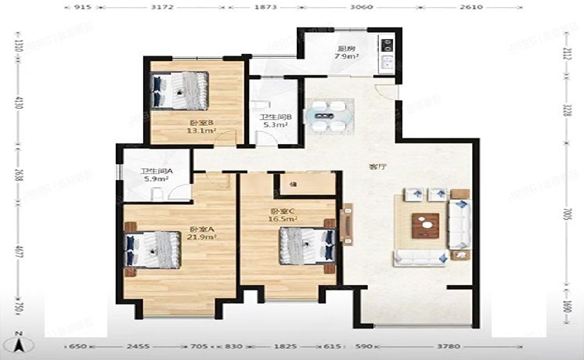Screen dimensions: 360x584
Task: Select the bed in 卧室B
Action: pos(180,90)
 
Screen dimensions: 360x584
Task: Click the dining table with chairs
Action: pos(327,115)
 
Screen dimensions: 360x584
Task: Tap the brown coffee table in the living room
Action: pos(425,225)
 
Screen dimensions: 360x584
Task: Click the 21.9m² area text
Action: pos(201,236)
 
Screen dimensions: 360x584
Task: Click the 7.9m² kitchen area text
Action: pos(347,56)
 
